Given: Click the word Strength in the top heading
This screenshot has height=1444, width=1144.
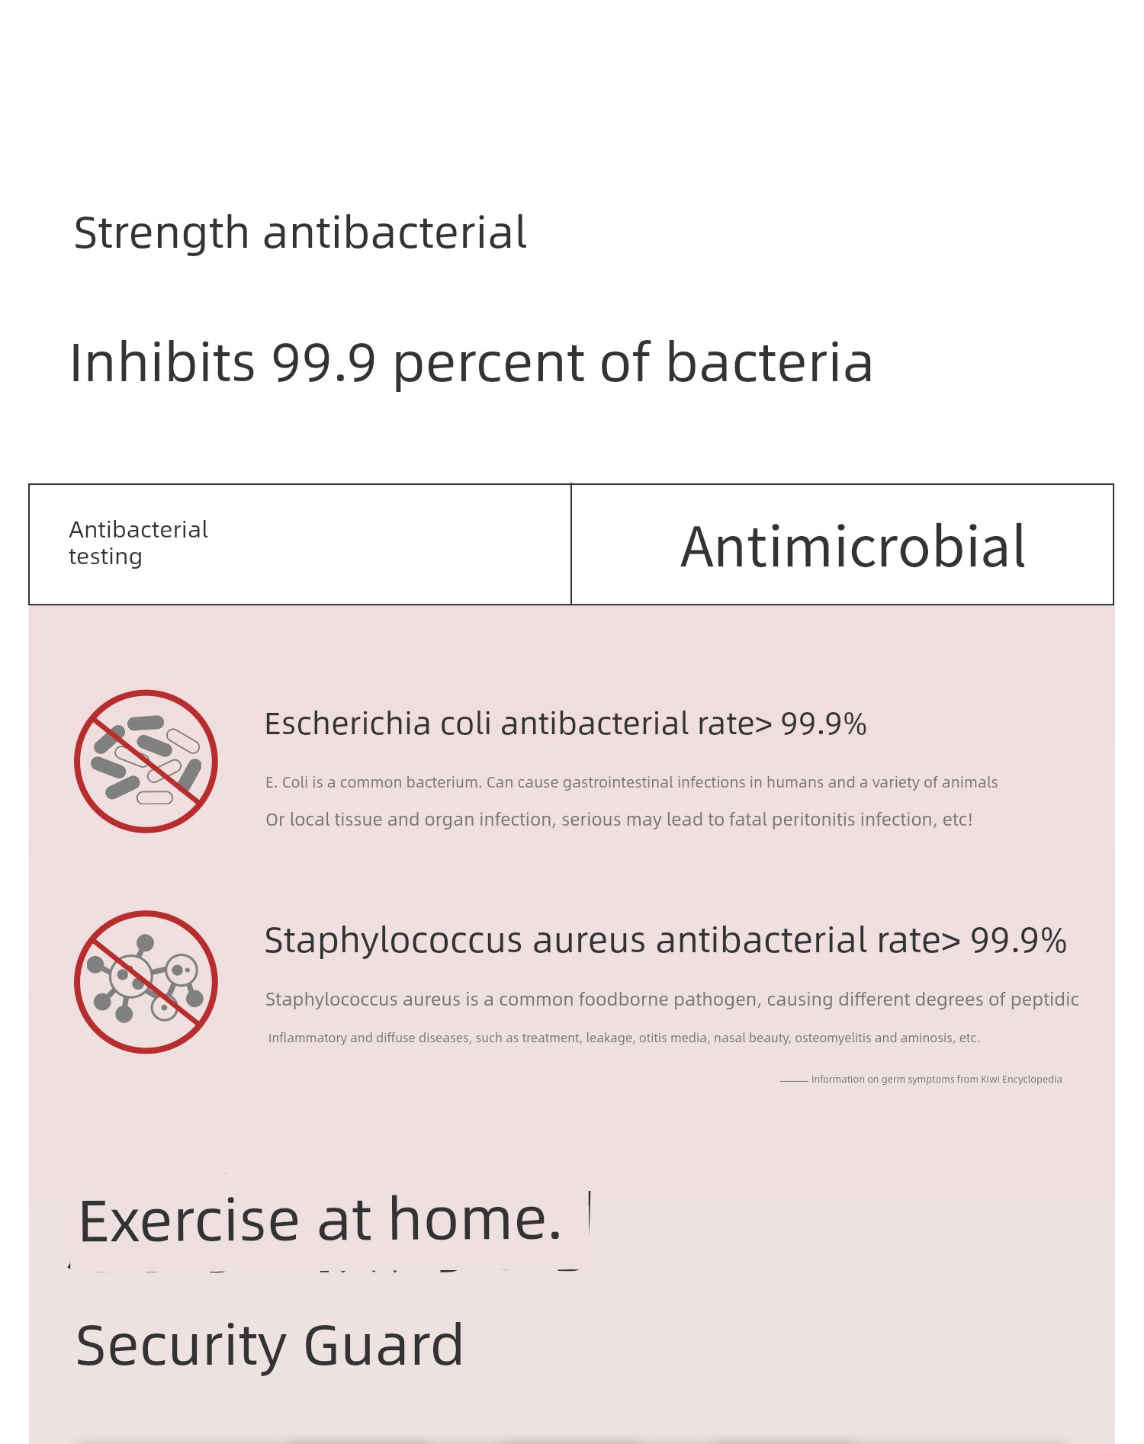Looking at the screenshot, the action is pos(161,233).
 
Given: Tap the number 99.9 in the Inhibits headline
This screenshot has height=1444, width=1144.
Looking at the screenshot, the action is pos(324,362).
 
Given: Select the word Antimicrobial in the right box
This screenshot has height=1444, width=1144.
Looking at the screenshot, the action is pos(853,547).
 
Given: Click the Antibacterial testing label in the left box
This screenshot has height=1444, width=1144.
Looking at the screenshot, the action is pos(138,543).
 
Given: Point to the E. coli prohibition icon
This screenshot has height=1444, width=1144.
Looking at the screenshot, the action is pos(146,761).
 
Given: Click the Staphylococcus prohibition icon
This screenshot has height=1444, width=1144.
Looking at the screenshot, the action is pos(146,982).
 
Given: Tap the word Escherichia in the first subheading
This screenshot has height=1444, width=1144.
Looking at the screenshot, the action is pos(347,724).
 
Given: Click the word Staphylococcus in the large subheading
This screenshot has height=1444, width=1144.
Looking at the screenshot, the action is pos(393,941).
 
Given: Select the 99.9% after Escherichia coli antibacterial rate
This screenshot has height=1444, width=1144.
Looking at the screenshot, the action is pos(824,724).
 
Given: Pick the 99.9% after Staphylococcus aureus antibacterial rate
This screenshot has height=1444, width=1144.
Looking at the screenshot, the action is pos(1018,941).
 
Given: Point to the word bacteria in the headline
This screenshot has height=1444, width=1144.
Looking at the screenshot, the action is pos(770,362).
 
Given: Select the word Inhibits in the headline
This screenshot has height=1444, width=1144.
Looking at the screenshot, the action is pos(162,362).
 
